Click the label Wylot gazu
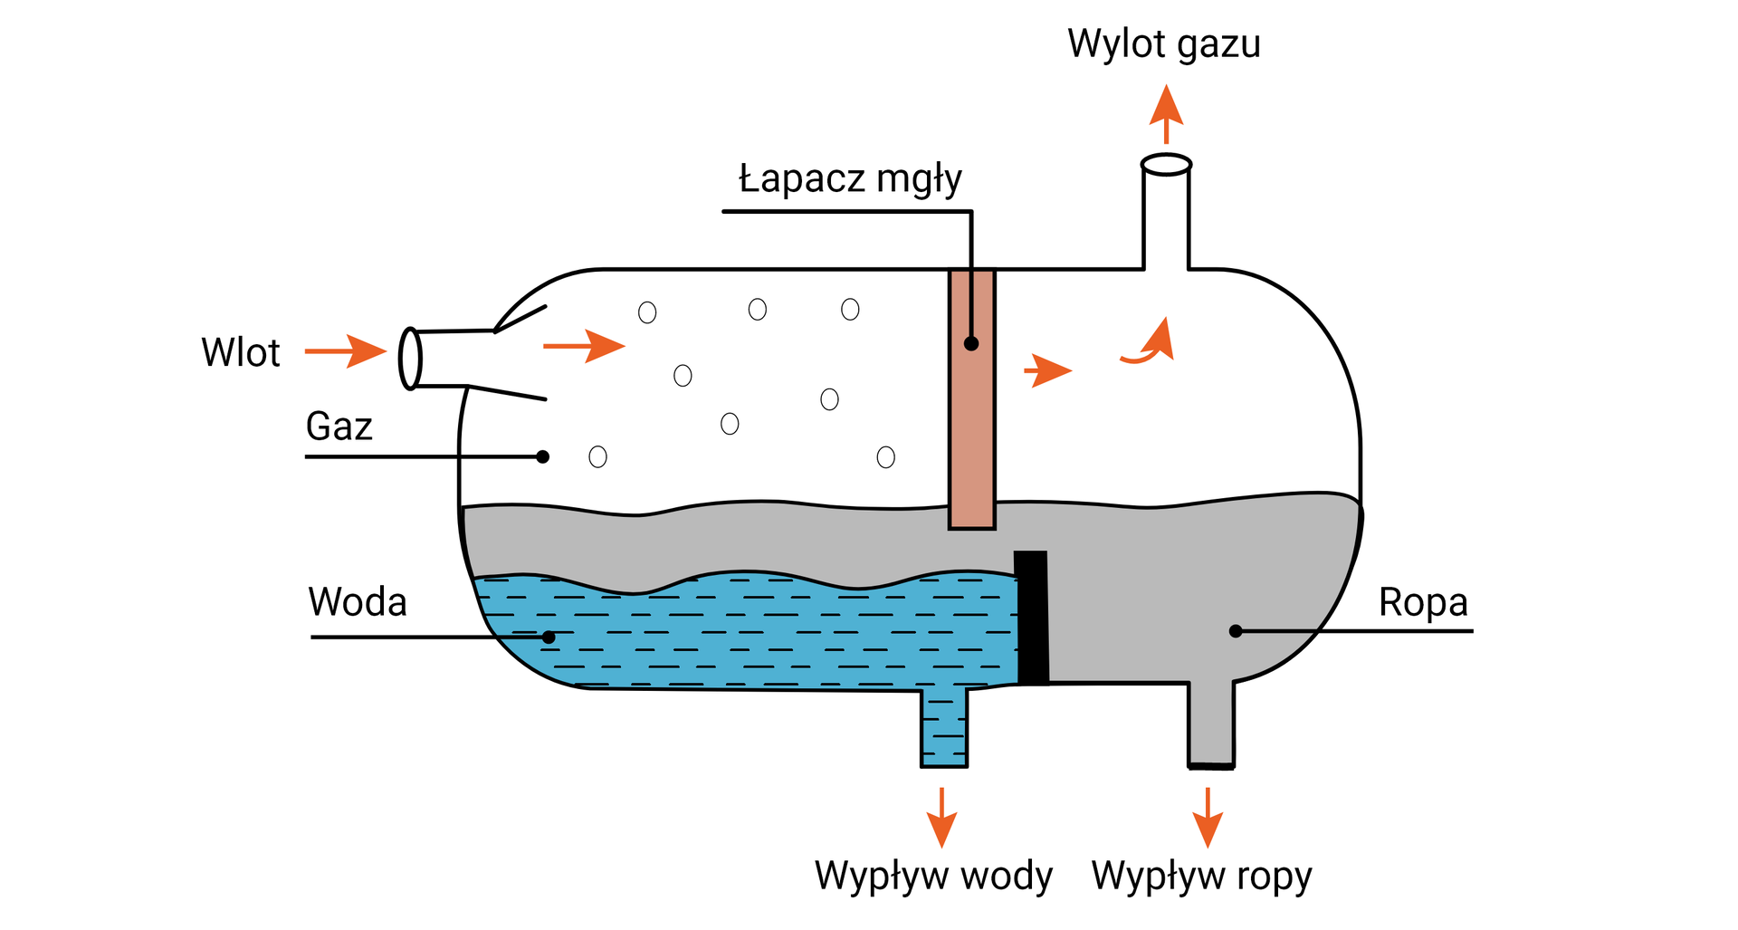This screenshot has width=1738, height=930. point(1163,43)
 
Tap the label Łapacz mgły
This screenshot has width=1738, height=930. point(850,178)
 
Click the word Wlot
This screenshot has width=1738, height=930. point(241,352)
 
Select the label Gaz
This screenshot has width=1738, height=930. point(339,426)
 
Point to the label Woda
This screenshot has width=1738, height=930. point(358,602)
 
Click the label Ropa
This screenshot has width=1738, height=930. point(1422,602)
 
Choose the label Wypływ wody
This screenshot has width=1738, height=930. point(933,876)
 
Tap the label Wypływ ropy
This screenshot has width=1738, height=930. point(1201,876)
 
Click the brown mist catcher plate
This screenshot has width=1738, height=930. point(972,398)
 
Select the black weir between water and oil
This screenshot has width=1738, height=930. point(1031,618)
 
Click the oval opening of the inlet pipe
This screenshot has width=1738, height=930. point(410,359)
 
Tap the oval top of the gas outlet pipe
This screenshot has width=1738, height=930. point(1166,165)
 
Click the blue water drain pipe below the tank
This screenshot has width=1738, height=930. point(943,729)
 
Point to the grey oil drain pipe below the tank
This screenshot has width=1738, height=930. point(1210,724)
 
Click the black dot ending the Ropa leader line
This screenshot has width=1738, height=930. point(1236,631)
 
